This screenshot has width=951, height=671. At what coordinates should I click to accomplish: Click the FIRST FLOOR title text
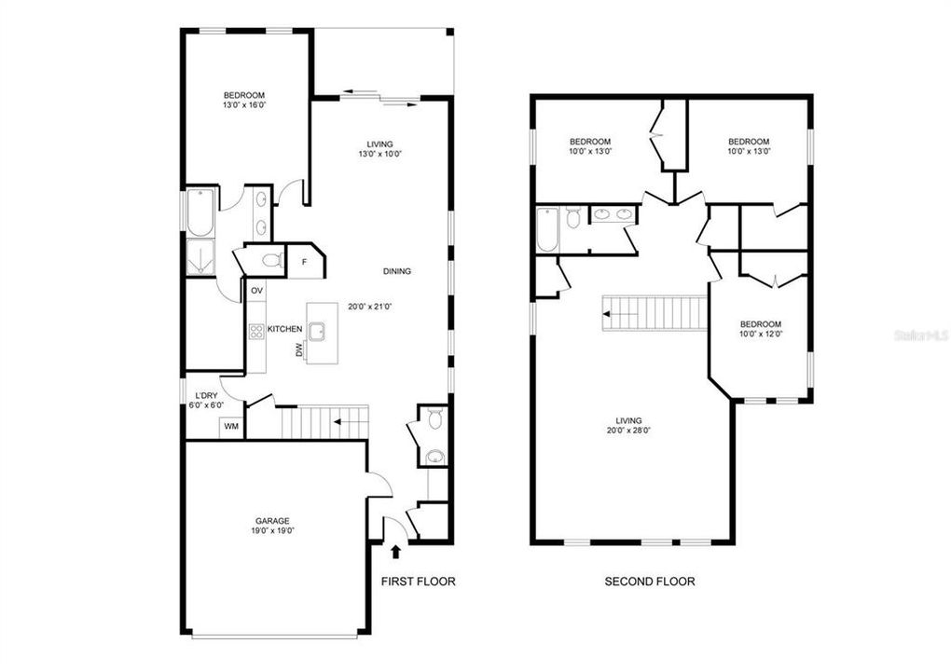[x=418, y=582]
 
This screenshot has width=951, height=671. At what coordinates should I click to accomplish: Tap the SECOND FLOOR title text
[x=650, y=582]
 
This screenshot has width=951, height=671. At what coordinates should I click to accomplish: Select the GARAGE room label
[x=273, y=521]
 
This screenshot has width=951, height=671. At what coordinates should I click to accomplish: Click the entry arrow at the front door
[x=395, y=552]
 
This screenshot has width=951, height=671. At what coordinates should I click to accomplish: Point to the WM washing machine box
[x=229, y=427]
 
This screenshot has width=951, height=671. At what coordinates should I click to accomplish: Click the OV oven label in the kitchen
[x=255, y=291]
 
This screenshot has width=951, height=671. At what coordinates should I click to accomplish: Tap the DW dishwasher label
[x=299, y=350]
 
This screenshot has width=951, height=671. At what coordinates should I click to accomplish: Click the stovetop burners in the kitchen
[x=256, y=330]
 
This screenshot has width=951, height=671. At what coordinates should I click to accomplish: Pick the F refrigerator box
[x=304, y=262]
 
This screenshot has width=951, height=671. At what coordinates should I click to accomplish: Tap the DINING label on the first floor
[x=396, y=271]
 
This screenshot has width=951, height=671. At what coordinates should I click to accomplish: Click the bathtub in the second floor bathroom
[x=547, y=229]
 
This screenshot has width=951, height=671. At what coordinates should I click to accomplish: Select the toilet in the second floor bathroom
[x=573, y=217]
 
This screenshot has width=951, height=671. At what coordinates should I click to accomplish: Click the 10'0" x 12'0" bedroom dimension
[x=760, y=334]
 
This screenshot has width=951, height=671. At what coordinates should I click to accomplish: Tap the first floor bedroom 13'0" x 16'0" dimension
[x=244, y=105]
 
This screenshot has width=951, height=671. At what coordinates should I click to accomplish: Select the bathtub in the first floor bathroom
[x=200, y=213]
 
